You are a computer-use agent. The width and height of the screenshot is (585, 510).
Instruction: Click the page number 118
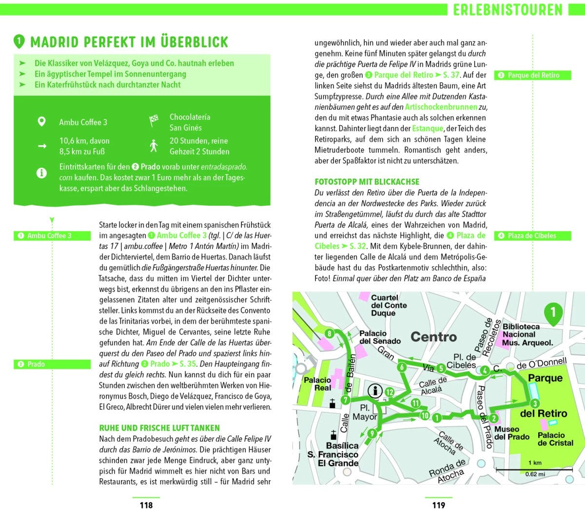tap(146, 505)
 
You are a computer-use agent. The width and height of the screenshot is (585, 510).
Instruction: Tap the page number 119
tap(439, 505)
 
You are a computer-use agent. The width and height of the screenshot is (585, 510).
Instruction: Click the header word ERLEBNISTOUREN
tap(507, 10)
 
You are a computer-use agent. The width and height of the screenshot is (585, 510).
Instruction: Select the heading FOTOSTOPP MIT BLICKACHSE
tap(367, 182)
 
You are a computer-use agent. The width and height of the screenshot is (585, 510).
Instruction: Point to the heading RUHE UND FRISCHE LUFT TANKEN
tap(159, 428)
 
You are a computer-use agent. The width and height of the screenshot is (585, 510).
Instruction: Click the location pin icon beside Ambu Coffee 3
tap(42, 121)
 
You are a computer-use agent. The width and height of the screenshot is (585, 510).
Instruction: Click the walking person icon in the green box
tap(154, 145)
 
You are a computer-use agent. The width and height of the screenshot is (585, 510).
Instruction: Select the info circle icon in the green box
tap(42, 173)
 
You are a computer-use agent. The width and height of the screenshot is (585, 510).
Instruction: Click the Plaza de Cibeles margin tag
tap(531, 235)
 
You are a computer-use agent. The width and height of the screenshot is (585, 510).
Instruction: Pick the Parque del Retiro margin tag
tap(533, 75)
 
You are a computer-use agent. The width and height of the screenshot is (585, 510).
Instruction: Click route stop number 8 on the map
tap(330, 334)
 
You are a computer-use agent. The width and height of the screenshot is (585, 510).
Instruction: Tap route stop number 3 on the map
tap(535, 403)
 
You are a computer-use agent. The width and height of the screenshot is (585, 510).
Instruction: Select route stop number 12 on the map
tap(389, 392)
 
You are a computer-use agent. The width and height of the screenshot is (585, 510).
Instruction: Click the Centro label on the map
tap(433, 337)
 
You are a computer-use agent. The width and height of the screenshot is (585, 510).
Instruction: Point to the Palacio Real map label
tap(317, 384)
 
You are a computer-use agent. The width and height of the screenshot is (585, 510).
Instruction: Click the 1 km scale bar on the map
tap(535, 470)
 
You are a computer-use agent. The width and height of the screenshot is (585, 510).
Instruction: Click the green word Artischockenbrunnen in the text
tap(441, 107)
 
